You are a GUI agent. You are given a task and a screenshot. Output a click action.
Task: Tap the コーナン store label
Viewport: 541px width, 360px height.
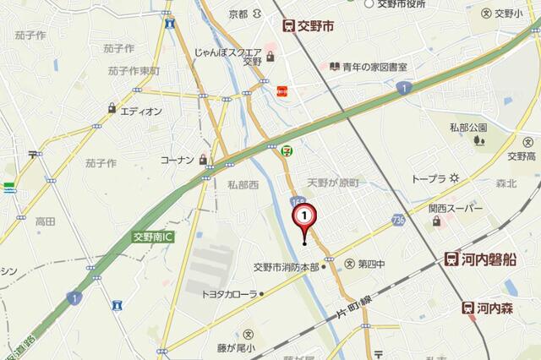tap(178, 159)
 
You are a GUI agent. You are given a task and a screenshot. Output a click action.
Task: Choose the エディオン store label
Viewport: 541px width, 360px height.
tap(140, 111)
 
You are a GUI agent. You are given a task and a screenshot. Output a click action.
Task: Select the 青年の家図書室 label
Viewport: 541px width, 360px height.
tap(374, 66)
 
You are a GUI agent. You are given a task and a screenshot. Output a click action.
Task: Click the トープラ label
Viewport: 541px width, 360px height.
tap(429, 178)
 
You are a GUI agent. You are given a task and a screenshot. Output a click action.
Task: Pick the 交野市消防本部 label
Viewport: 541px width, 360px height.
tap(287, 267)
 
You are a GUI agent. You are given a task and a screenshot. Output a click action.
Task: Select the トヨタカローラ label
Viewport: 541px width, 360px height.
tap(229, 294)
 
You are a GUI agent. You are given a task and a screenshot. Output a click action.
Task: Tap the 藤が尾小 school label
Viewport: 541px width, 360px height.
tap(235, 346)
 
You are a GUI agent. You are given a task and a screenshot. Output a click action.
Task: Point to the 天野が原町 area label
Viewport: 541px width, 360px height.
tap(333, 183)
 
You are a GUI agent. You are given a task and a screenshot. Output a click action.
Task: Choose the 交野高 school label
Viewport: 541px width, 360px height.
tap(522, 156)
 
